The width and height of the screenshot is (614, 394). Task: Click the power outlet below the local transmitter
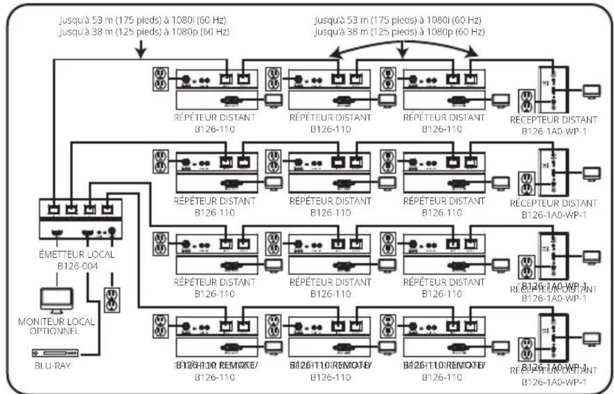(x=112, y=300)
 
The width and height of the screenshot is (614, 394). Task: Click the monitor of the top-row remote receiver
(x=591, y=91)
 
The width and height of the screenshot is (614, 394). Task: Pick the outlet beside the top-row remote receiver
(x=527, y=101)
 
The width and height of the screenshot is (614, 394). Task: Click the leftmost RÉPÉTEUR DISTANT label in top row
(x=215, y=117)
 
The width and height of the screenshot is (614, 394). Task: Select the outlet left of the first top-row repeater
(x=161, y=79)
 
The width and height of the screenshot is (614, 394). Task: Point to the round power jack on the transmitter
(x=111, y=232)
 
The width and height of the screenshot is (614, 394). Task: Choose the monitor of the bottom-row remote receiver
(x=591, y=339)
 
